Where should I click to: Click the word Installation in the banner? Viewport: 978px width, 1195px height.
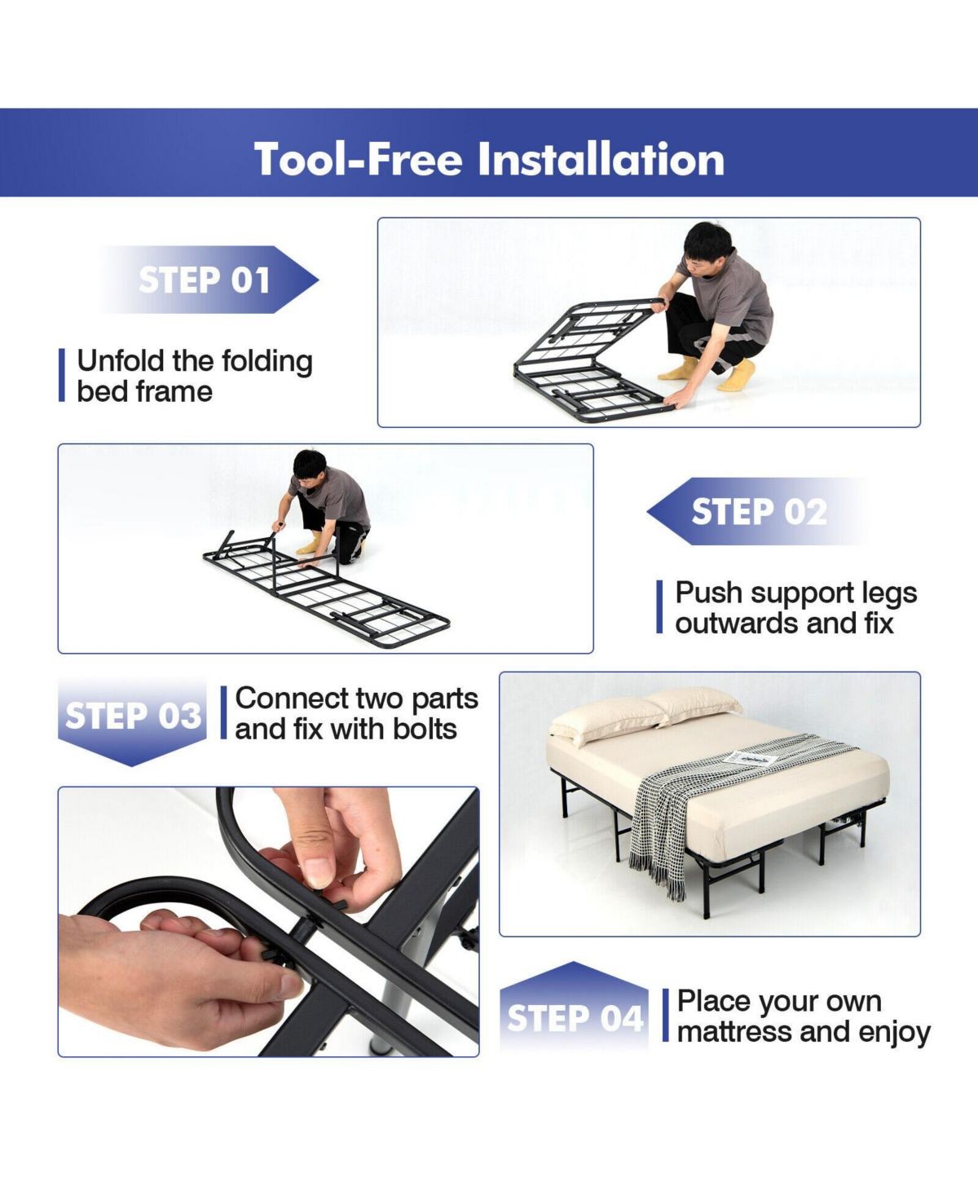601,159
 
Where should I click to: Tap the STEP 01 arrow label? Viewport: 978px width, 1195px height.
209,280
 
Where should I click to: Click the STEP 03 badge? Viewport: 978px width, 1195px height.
132,721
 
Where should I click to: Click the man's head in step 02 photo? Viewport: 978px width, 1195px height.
310,467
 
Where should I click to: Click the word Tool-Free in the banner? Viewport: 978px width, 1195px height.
359,159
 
